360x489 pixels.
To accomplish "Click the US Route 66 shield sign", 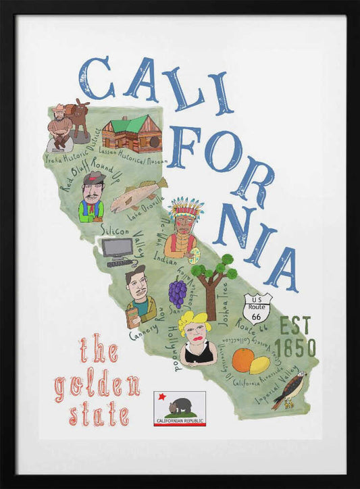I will tap(257, 307).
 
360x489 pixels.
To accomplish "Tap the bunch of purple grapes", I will tap(177, 294).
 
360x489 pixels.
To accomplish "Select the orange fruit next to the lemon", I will tap(242, 361).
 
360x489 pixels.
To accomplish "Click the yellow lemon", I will tap(259, 365).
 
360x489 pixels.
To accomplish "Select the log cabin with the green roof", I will tap(132, 133).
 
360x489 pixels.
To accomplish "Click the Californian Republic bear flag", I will tap(180, 409).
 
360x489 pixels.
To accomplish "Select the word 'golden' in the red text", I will tap(97, 386).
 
